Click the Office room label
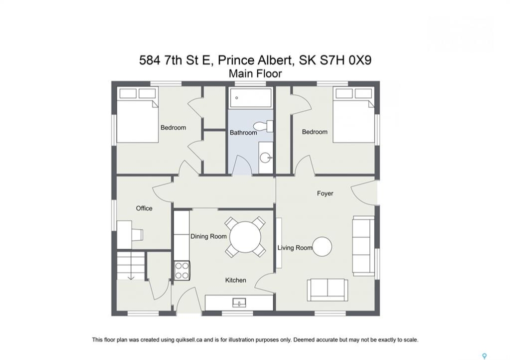pyautogui.click(x=144, y=208)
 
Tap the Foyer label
pyautogui.click(x=325, y=193)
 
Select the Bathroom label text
pyautogui.click(x=243, y=132)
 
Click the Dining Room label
pyautogui.click(x=209, y=236)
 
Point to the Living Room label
pyautogui.click(x=295, y=247)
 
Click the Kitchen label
pyautogui.click(x=236, y=280)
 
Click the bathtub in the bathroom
pyautogui.click(x=250, y=98)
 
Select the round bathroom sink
pyautogui.click(x=266, y=158)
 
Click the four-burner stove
pyautogui.click(x=182, y=271)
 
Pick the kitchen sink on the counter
pyautogui.click(x=239, y=303)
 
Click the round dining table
pyautogui.click(x=245, y=237)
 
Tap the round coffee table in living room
pyautogui.click(x=322, y=246)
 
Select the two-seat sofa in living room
pyautogui.click(x=327, y=290)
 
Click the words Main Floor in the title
pyautogui.click(x=255, y=73)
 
